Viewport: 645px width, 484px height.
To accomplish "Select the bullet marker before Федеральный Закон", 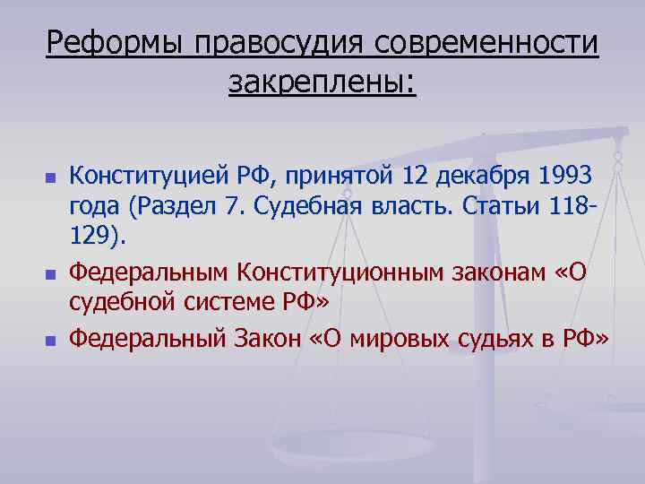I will (50, 341).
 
